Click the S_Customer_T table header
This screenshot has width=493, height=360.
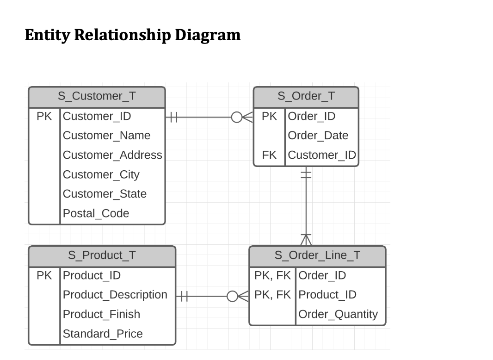pyautogui.click(x=97, y=96)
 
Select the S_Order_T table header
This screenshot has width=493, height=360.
pyautogui.click(x=306, y=96)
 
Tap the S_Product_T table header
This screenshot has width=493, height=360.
pyautogui.click(x=102, y=255)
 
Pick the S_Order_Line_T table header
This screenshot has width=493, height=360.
pyautogui.click(x=317, y=255)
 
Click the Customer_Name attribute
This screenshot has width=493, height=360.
pyautogui.click(x=106, y=136)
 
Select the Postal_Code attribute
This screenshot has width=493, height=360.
pyautogui.click(x=96, y=213)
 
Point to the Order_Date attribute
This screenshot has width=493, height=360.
pyautogui.click(x=318, y=136)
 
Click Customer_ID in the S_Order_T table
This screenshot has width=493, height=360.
pyautogui.click(x=321, y=155)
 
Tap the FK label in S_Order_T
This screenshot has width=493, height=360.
pyautogui.click(x=269, y=155)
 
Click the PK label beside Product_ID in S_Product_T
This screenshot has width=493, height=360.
pyautogui.click(x=44, y=275)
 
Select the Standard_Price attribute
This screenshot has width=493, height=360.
pyautogui.click(x=103, y=334)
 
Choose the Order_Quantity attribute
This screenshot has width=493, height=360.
pyautogui.click(x=338, y=314)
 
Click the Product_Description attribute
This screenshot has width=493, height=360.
pyautogui.click(x=115, y=295)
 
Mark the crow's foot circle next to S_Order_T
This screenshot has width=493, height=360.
pyautogui.click(x=236, y=117)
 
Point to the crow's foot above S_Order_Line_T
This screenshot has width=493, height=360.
pyautogui.click(x=306, y=239)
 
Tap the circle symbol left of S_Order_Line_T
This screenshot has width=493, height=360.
pyautogui.click(x=232, y=295)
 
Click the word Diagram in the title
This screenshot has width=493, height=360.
pyautogui.click(x=208, y=35)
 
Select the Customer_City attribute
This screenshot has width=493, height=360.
pyautogui.click(x=101, y=174)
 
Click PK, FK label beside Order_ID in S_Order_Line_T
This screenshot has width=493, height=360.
pyautogui.click(x=272, y=275)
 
